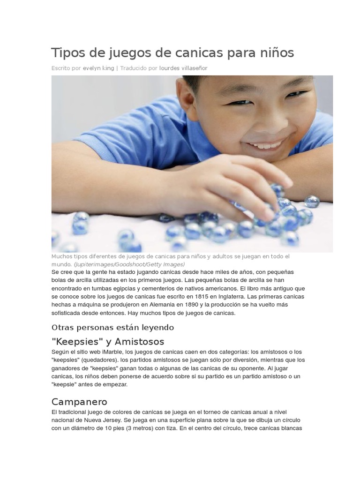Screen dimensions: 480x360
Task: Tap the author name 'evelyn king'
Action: point(98,68)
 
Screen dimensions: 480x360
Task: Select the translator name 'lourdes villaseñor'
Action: point(183,68)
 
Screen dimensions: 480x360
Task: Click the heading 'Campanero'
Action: point(79,402)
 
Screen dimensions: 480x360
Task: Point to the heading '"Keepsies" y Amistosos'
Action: point(108,341)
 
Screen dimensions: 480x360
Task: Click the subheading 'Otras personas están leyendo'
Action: point(112,327)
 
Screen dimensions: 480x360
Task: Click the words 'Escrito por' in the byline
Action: point(66,68)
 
